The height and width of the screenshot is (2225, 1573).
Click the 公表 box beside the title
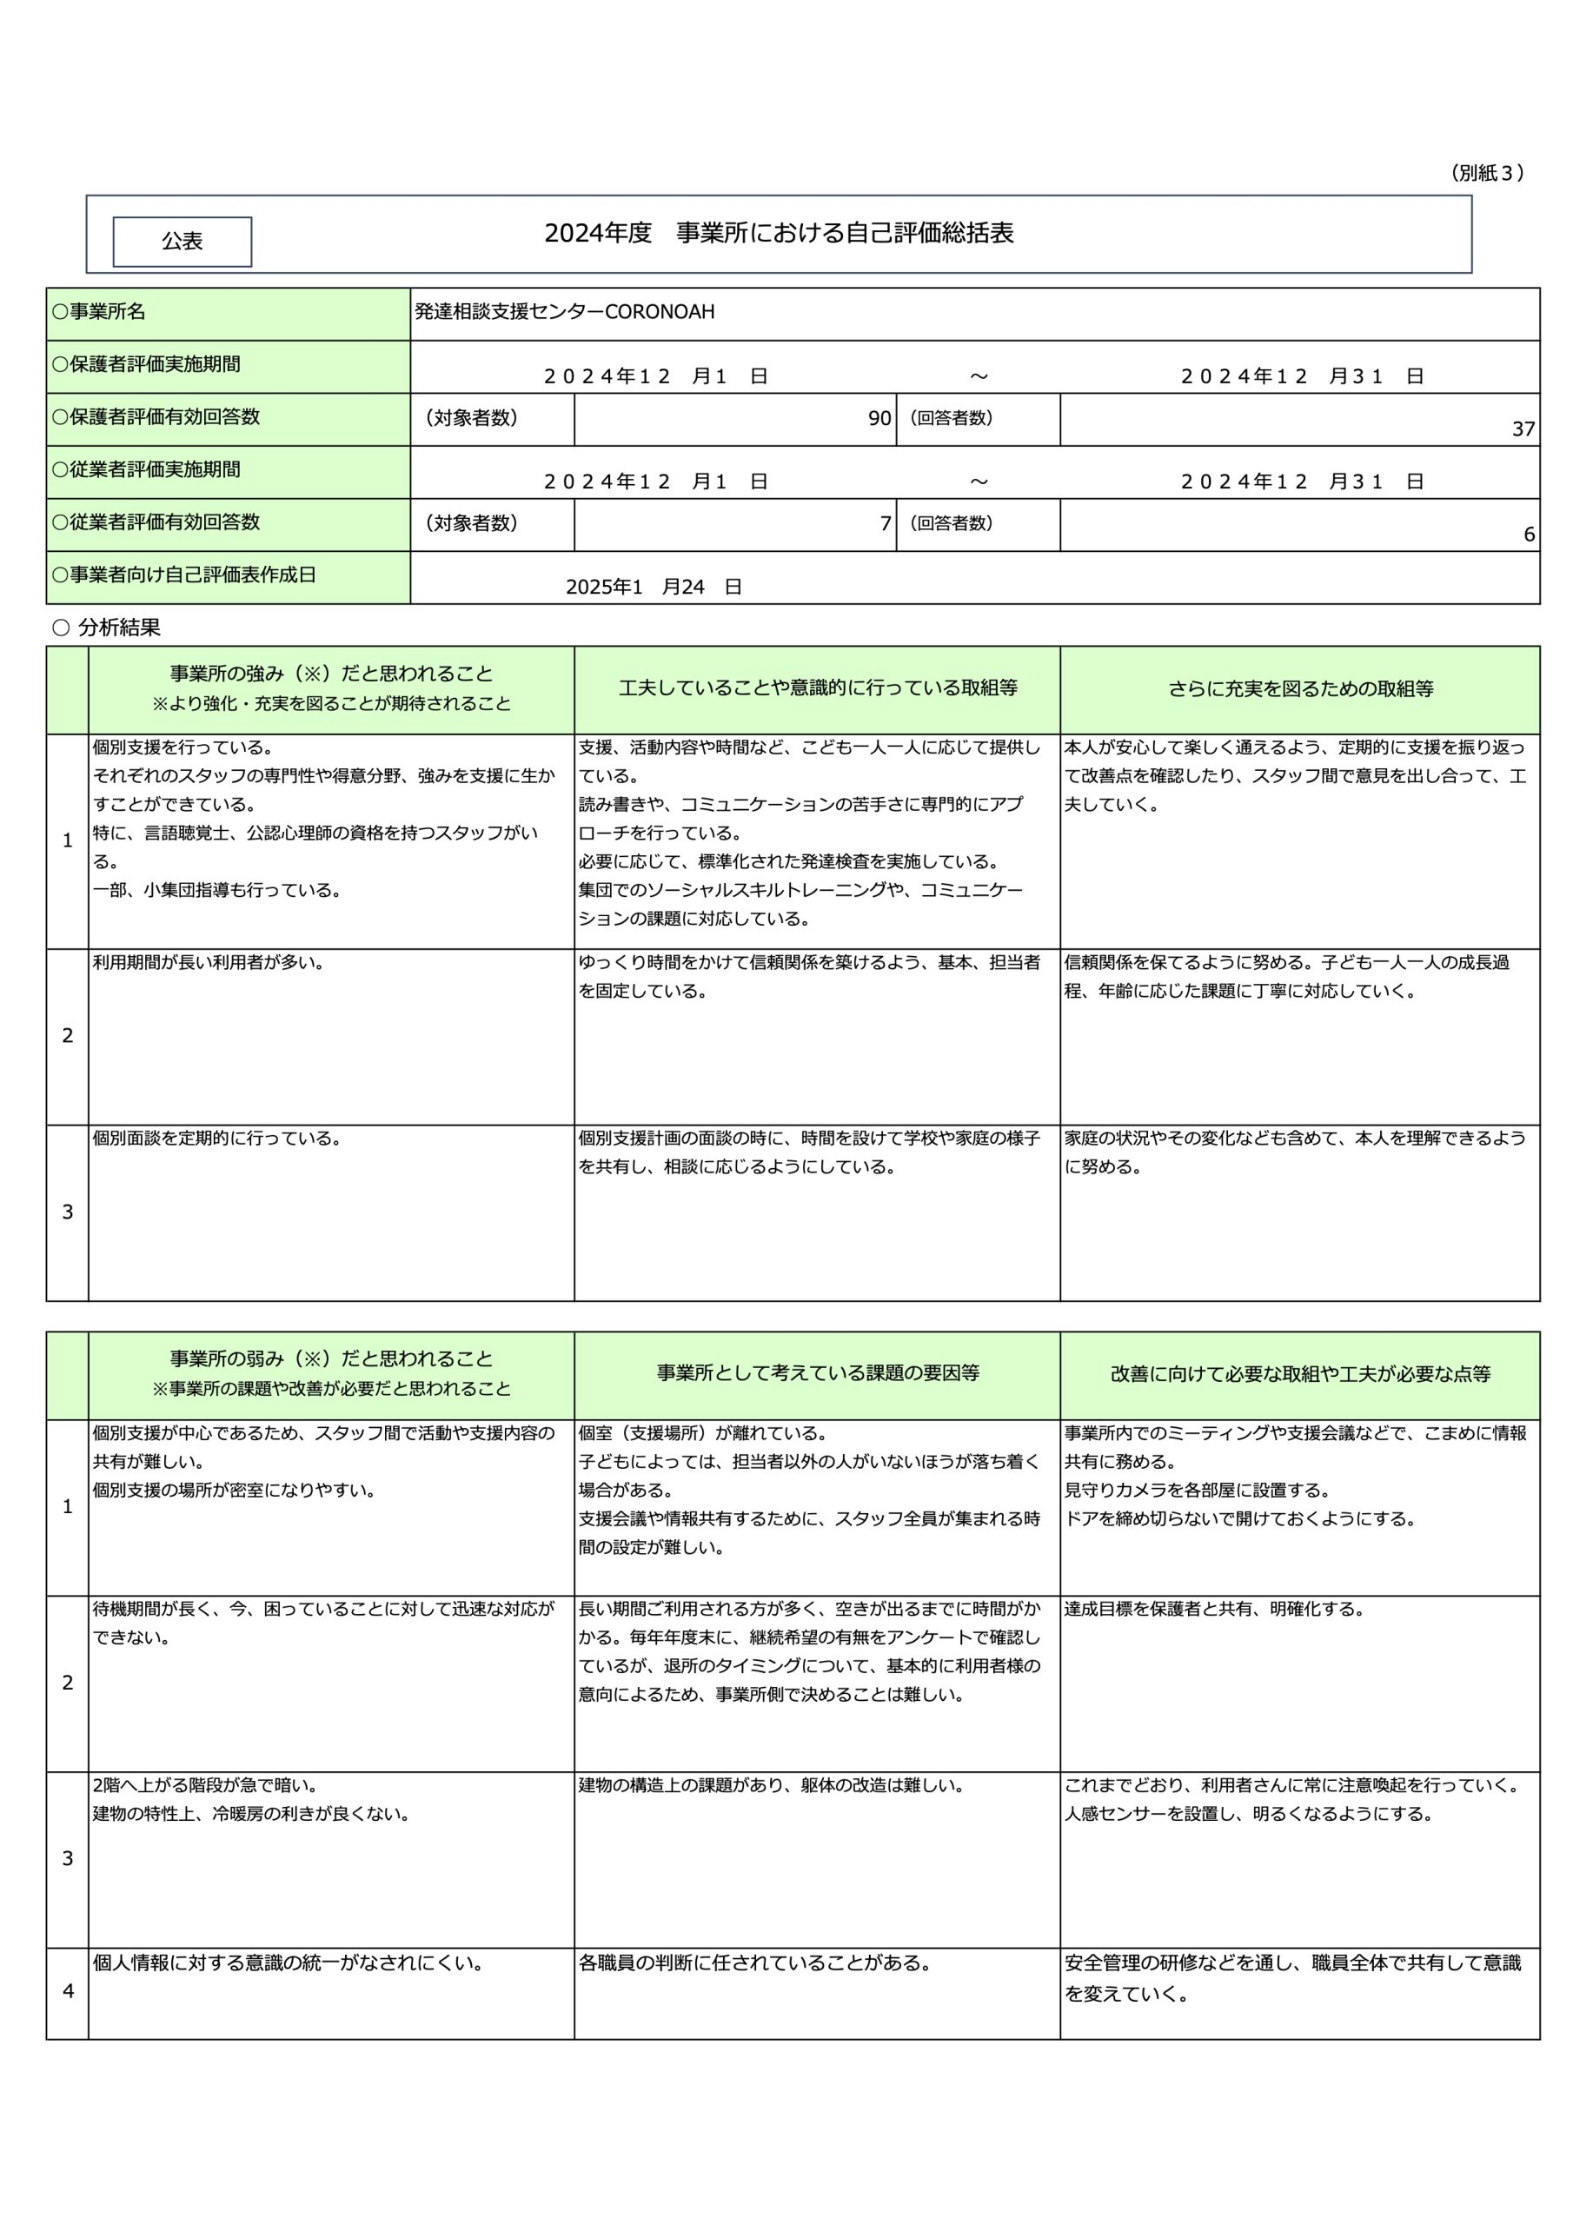[x=183, y=242]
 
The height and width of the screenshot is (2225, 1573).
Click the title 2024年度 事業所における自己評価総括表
[x=779, y=234]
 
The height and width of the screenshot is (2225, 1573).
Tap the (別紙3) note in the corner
[x=1487, y=174]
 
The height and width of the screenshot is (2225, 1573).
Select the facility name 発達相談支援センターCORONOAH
[x=564, y=312]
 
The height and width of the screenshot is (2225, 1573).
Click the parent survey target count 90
[x=879, y=419]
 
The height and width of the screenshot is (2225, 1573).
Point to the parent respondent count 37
[x=1523, y=429]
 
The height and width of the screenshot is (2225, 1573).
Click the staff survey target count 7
[x=885, y=524]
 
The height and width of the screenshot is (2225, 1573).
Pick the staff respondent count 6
[x=1529, y=535]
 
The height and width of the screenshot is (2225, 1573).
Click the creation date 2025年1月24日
[x=654, y=588]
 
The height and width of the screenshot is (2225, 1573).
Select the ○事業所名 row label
[x=99, y=312]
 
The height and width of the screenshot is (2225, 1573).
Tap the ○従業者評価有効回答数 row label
[x=156, y=522]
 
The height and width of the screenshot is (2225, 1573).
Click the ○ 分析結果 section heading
[x=107, y=628]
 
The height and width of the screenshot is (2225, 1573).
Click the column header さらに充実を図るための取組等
[x=1300, y=689]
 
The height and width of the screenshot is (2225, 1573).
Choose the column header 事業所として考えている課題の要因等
[x=817, y=1373]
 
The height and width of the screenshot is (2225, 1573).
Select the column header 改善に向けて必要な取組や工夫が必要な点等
[x=1300, y=1374]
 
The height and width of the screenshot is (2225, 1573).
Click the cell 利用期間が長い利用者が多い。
[x=209, y=963]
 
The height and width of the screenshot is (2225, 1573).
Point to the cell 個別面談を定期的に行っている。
[x=217, y=1139]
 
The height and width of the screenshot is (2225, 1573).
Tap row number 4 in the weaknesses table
[x=68, y=1990]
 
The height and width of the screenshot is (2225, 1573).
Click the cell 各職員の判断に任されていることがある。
[x=755, y=1963]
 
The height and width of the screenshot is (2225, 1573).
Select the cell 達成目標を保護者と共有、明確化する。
[x=1214, y=1610]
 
